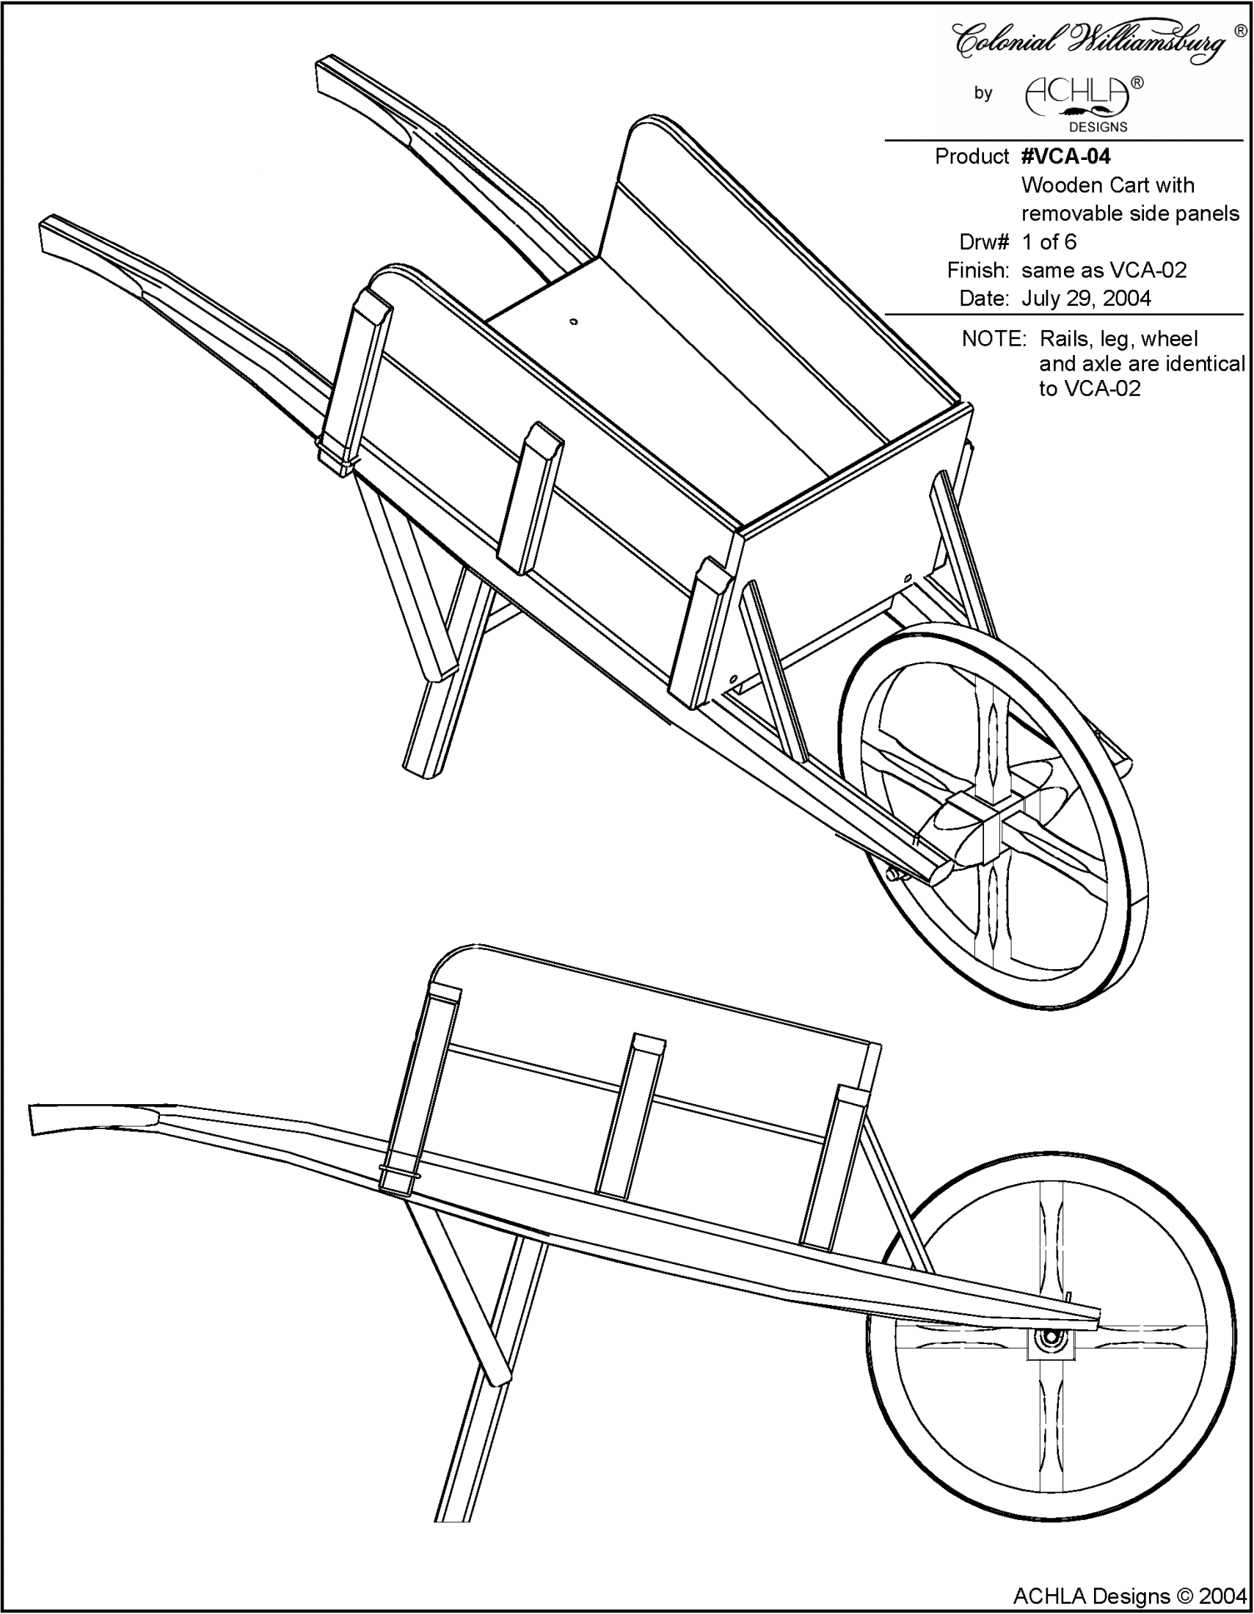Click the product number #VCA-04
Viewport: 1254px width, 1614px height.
[1065, 156]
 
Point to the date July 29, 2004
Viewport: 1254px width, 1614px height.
[1086, 299]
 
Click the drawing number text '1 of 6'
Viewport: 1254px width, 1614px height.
[1049, 241]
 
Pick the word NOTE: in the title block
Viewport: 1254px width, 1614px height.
[995, 339]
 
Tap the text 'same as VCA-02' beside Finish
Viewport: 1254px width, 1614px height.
[1104, 271]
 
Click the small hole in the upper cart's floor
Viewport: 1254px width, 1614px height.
[574, 321]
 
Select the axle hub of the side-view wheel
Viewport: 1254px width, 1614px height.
[1049, 1339]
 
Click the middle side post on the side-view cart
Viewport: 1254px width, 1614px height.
[629, 1116]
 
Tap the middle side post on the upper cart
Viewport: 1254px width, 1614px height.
[529, 499]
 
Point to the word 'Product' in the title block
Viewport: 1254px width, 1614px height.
[971, 157]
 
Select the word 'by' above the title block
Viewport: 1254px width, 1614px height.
[983, 94]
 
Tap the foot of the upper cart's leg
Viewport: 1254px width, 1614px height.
[423, 769]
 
